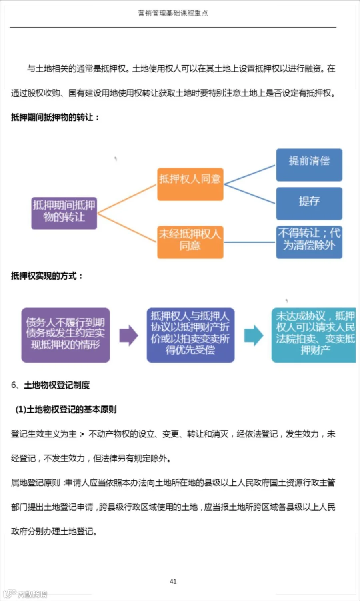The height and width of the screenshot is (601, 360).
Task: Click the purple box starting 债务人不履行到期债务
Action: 66,335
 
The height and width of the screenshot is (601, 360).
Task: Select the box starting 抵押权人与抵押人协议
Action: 190,335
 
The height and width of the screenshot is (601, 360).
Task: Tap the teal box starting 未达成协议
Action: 314,335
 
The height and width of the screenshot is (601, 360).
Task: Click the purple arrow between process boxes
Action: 128,335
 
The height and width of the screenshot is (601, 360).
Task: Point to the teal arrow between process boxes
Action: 254,335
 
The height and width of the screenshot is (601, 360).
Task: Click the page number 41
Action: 173,581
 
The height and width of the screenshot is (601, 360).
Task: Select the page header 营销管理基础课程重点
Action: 173,13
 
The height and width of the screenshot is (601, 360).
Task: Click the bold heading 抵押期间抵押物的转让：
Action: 55,117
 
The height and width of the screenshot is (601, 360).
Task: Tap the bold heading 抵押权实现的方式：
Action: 47,276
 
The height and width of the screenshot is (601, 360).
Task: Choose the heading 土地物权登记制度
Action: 56,385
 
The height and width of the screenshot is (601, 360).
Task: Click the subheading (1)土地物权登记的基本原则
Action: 66,409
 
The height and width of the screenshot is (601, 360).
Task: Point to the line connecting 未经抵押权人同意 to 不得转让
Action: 250,242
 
